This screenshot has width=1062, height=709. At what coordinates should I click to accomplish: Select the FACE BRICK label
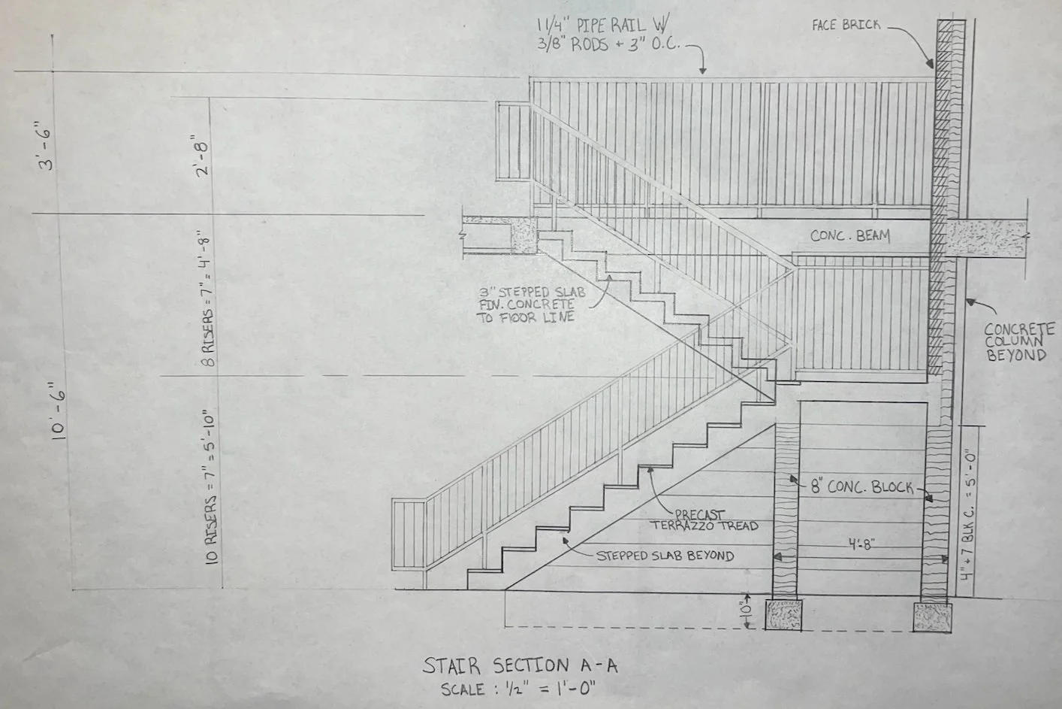(846, 26)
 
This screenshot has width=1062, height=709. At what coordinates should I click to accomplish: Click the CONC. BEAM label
(849, 236)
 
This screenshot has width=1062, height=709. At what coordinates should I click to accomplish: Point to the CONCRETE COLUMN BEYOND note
(1019, 342)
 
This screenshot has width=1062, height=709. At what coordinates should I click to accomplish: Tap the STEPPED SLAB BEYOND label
(665, 556)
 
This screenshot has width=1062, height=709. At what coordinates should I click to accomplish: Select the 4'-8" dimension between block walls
(858, 543)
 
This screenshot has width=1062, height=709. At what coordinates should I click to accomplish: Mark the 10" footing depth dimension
(745, 611)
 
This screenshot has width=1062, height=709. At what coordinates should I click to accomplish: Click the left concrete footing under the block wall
(784, 614)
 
